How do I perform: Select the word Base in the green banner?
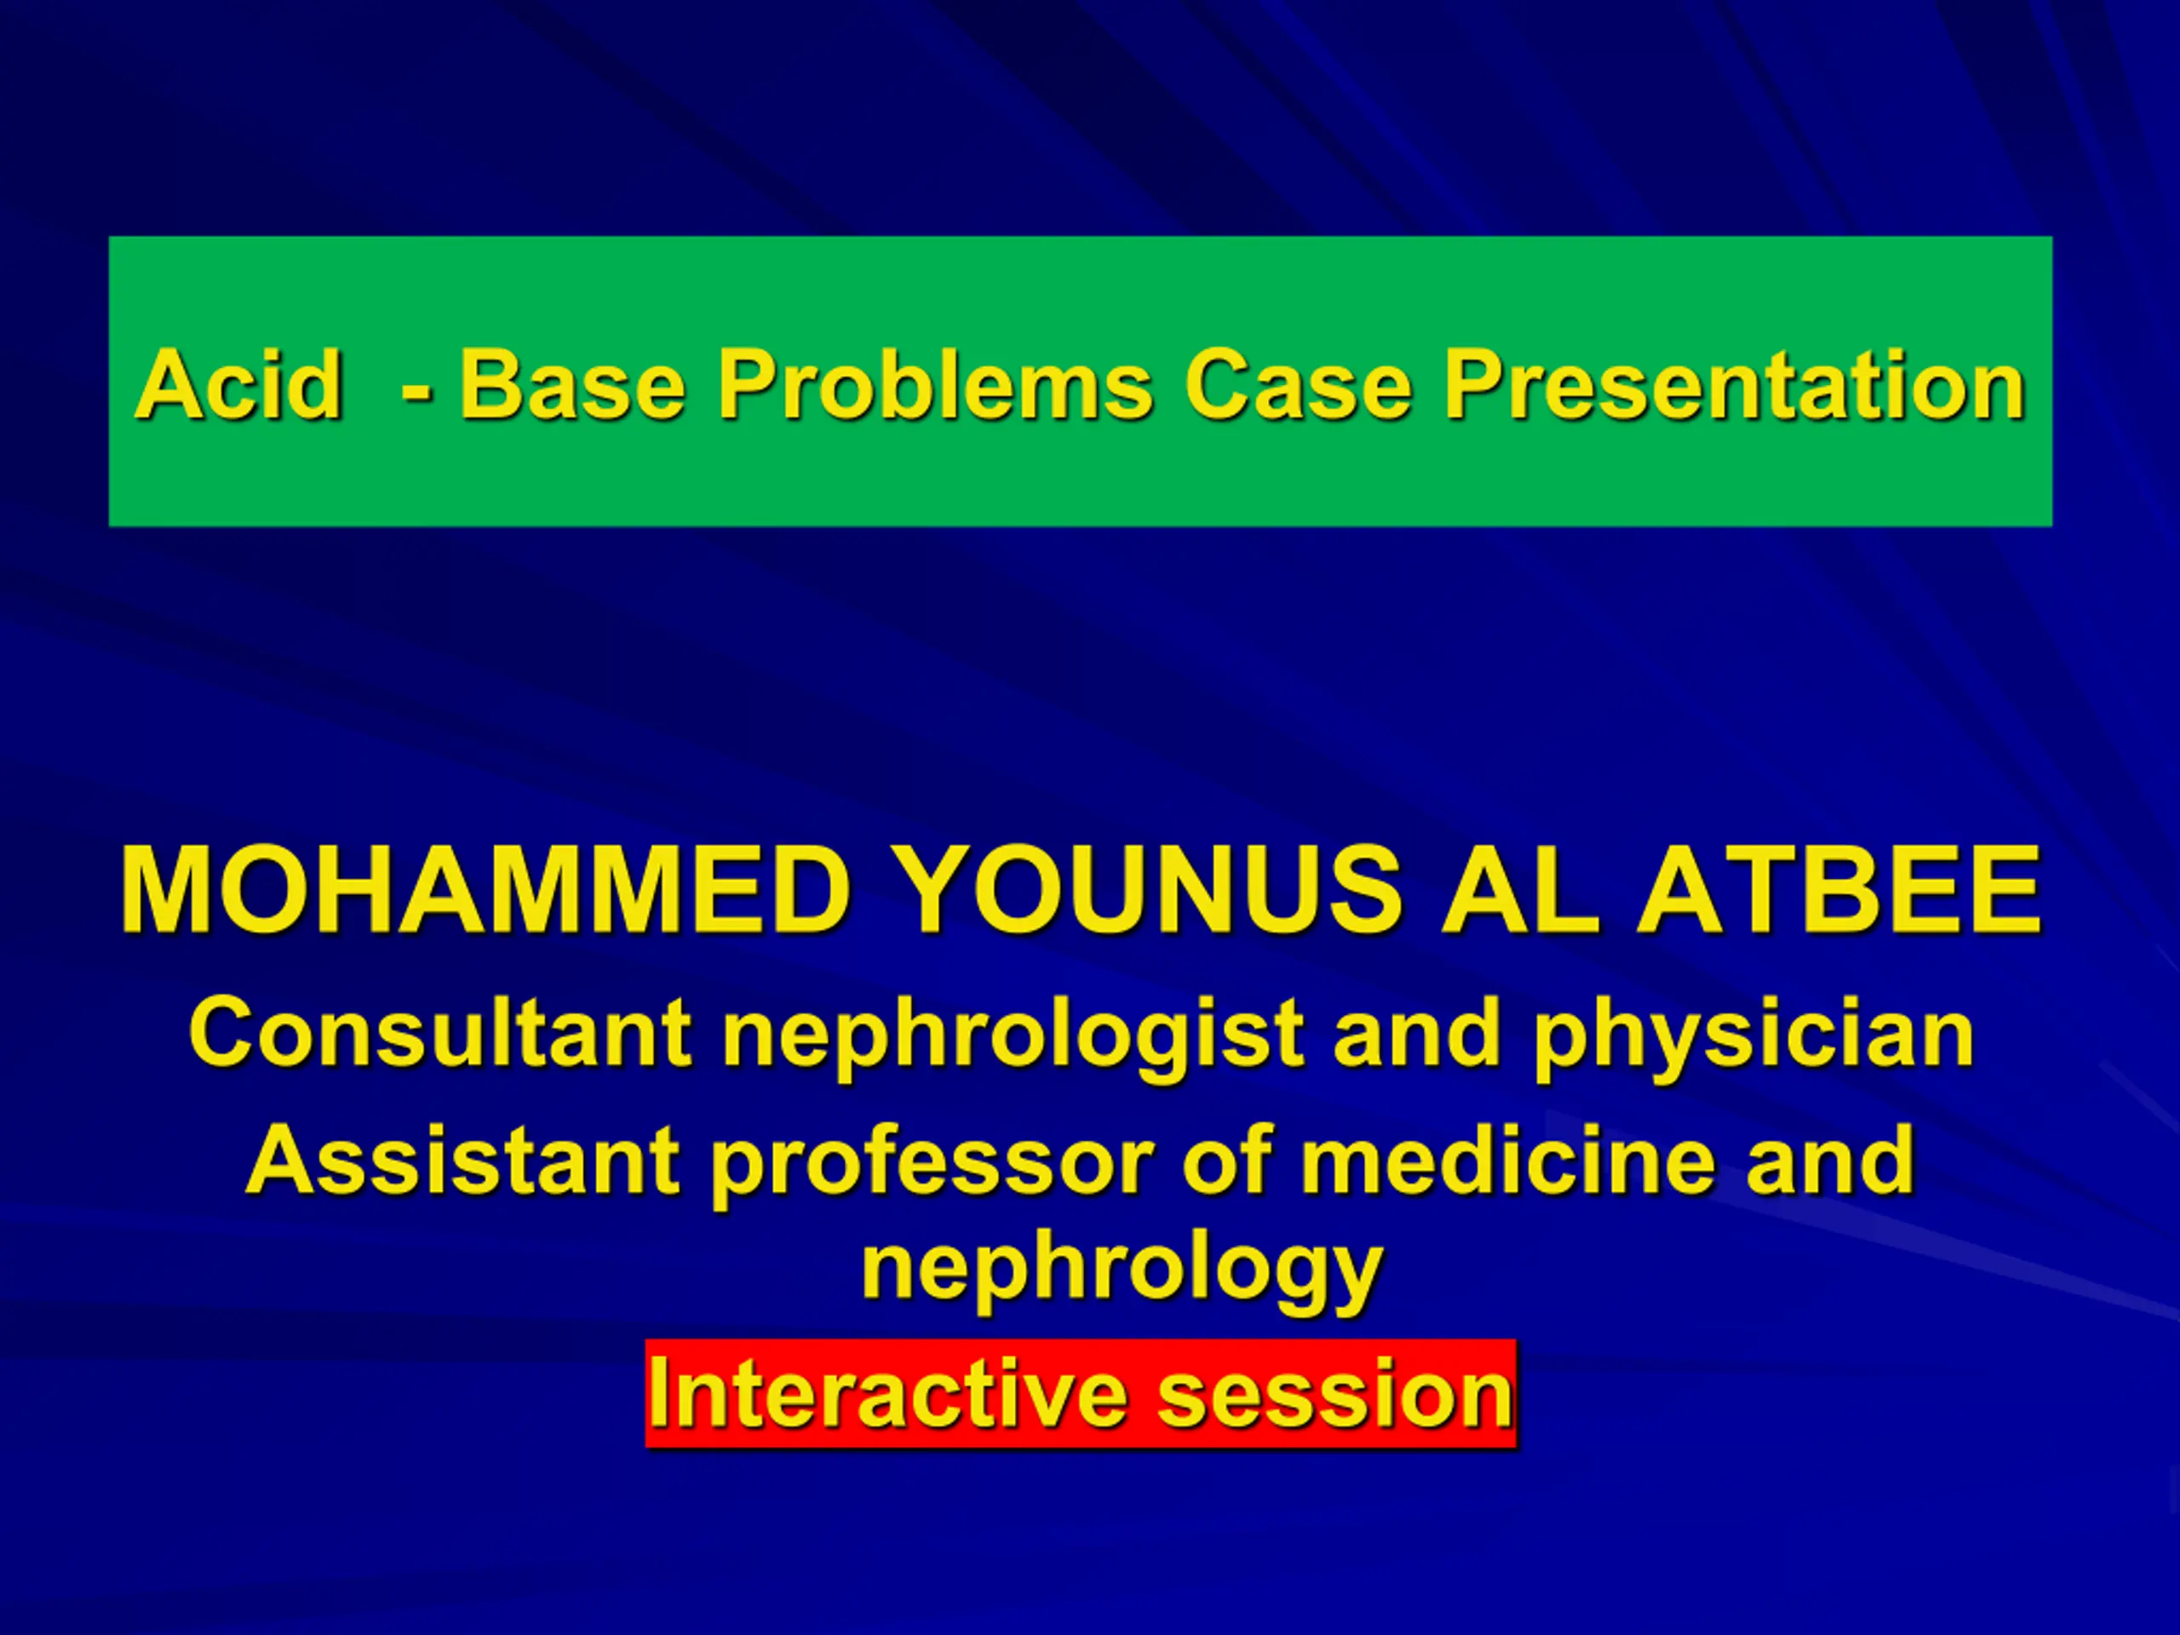[572, 384]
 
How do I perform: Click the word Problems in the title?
[934, 384]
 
